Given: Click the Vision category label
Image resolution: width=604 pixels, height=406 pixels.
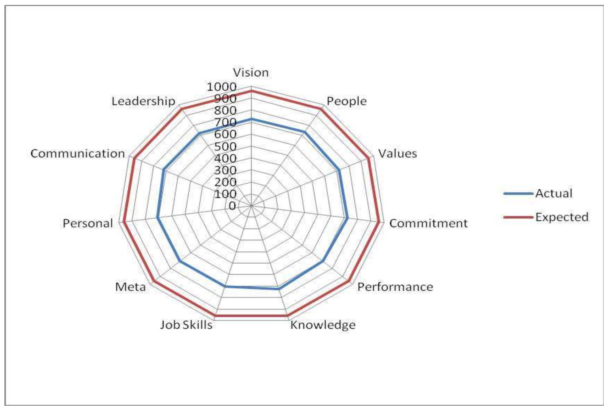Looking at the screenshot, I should click(x=251, y=73).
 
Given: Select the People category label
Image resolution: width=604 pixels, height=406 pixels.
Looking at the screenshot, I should click(x=346, y=101).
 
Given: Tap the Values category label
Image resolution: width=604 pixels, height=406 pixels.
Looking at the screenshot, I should click(x=397, y=153).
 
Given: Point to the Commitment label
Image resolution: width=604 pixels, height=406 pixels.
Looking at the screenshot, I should click(x=428, y=223).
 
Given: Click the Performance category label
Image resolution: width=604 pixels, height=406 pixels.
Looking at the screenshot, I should click(x=395, y=287).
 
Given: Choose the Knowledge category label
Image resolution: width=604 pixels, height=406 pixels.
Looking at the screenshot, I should click(x=323, y=325).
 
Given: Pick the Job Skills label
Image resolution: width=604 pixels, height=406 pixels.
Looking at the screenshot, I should click(x=186, y=325).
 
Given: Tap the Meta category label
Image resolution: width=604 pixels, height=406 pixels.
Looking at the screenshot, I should click(x=130, y=287).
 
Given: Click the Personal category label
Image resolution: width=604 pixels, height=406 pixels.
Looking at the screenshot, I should click(x=88, y=223).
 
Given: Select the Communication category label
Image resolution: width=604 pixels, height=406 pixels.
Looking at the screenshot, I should click(x=78, y=153).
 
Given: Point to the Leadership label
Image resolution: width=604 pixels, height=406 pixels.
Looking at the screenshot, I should click(x=143, y=101).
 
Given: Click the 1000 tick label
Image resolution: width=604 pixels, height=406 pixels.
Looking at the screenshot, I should click(x=221, y=87).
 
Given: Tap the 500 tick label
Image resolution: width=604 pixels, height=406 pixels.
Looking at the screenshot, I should click(x=225, y=147).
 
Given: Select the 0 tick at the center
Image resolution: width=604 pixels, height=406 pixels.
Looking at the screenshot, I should click(x=232, y=206).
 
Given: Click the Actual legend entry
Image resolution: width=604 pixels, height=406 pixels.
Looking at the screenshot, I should click(x=554, y=193).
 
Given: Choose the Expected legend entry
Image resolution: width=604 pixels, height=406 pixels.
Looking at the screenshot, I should click(x=562, y=217).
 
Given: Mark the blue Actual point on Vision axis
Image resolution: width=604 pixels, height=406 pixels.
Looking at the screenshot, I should click(x=251, y=119).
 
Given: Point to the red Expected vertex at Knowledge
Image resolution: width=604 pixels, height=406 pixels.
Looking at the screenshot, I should click(x=287, y=316).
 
